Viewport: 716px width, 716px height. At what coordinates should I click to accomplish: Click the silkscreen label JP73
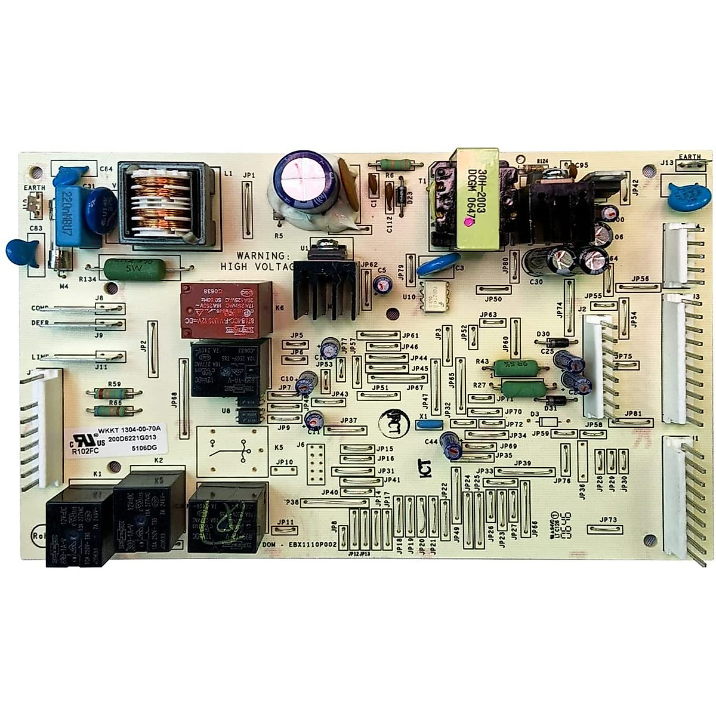click(609, 520)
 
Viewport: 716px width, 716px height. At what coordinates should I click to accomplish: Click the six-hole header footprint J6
click(317, 461)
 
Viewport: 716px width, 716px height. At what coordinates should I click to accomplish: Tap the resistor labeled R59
click(115, 393)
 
